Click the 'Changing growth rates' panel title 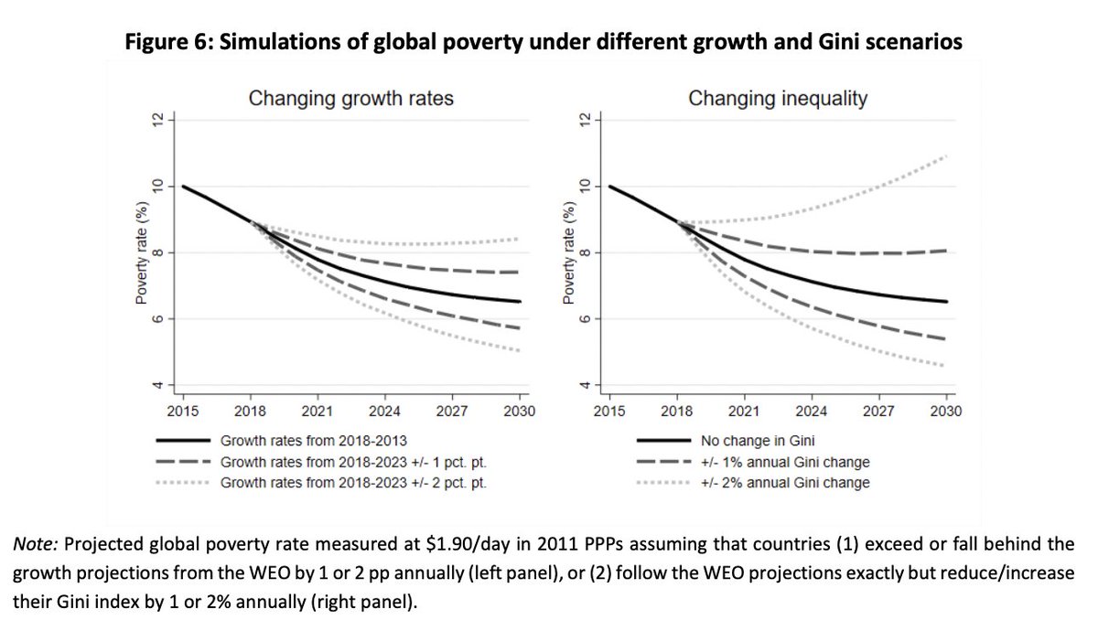pyautogui.click(x=351, y=98)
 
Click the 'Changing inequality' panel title pyautogui.click(x=778, y=98)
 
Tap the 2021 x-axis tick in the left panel pyautogui.click(x=318, y=412)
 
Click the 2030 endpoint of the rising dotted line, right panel pyautogui.click(x=945, y=156)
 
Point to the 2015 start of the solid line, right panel pyautogui.click(x=609, y=187)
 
